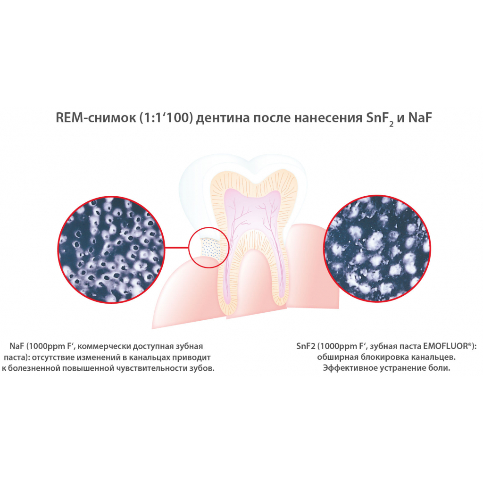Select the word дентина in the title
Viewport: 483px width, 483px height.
click(x=222, y=118)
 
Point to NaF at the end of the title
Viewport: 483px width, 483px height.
click(x=420, y=118)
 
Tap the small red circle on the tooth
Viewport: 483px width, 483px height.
click(x=208, y=248)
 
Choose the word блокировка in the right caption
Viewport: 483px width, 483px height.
click(x=371, y=357)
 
